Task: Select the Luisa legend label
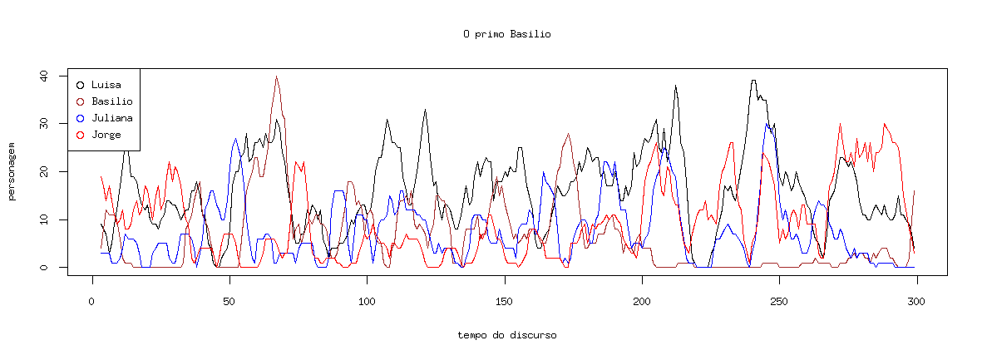pyautogui.click(x=106, y=85)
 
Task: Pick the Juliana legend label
pyautogui.click(x=112, y=118)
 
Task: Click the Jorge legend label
pyautogui.click(x=106, y=135)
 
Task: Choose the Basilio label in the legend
pyautogui.click(x=112, y=101)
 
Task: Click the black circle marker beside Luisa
pyautogui.click(x=80, y=85)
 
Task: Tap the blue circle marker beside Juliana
pyautogui.click(x=80, y=118)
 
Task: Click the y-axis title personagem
pyautogui.click(x=12, y=172)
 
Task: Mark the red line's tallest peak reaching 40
pyautogui.click(x=277, y=76)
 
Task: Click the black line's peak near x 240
pyautogui.click(x=753, y=81)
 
